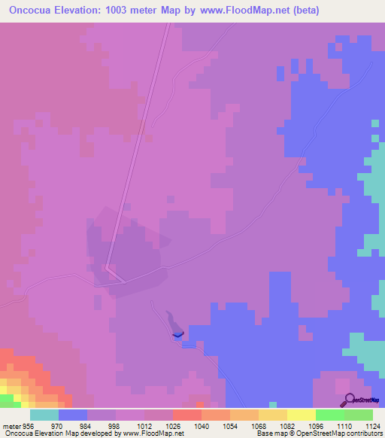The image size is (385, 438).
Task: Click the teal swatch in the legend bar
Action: click(x=44, y=415)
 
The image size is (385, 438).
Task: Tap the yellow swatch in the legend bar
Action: click(x=301, y=415)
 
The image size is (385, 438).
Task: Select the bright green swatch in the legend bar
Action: click(x=329, y=415)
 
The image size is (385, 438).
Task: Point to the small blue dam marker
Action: click(x=177, y=333)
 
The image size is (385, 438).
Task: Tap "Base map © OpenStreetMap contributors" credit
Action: click(x=318, y=434)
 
